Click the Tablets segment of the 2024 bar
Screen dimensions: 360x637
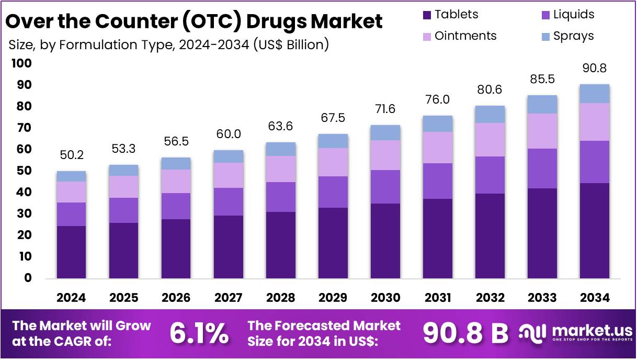pos(71,252)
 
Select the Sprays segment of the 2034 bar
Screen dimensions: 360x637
pos(595,94)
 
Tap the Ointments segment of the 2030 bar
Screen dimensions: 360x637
pos(385,155)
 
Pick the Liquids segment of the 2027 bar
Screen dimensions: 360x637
pos(229,201)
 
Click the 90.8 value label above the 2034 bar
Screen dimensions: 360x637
pos(595,69)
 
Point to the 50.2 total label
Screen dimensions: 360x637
pos(71,155)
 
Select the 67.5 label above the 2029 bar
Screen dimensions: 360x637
pos(333,118)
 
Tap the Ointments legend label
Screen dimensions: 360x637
pos(465,36)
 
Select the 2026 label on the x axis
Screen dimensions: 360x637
pos(176,298)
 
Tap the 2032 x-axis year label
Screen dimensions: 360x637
pos(490,298)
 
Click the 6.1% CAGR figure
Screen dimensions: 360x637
pos(199,333)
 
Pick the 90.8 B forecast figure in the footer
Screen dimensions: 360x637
pos(465,333)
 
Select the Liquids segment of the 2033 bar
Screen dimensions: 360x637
pos(542,168)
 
